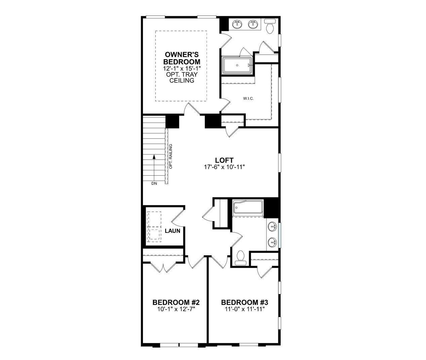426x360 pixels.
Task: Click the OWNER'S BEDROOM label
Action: (x=181, y=58)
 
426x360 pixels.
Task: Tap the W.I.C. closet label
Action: (x=248, y=99)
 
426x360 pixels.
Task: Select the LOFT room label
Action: (x=224, y=160)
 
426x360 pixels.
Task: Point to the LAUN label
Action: (x=172, y=231)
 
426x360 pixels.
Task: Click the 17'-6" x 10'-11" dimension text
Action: (x=224, y=167)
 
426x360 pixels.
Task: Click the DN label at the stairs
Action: (x=154, y=183)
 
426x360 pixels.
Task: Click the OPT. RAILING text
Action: (x=171, y=156)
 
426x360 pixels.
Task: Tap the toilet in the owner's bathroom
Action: (x=270, y=26)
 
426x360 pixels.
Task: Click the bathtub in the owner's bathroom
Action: (x=238, y=65)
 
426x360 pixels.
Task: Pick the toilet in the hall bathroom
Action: (x=240, y=257)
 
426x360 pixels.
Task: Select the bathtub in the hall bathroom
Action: (x=248, y=208)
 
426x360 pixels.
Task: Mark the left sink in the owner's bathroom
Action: (x=238, y=24)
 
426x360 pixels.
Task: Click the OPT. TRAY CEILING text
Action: (x=181, y=77)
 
